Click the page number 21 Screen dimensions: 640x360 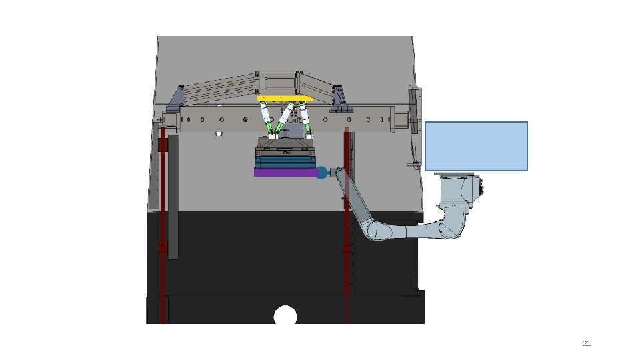587,343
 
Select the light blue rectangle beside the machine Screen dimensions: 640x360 476,146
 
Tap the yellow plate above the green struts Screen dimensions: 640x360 285,99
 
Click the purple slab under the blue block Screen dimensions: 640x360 286,173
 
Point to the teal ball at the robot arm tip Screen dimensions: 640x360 323,173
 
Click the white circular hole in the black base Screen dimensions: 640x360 285,315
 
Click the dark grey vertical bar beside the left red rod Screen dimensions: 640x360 173,197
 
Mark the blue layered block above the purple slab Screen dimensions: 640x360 286,161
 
